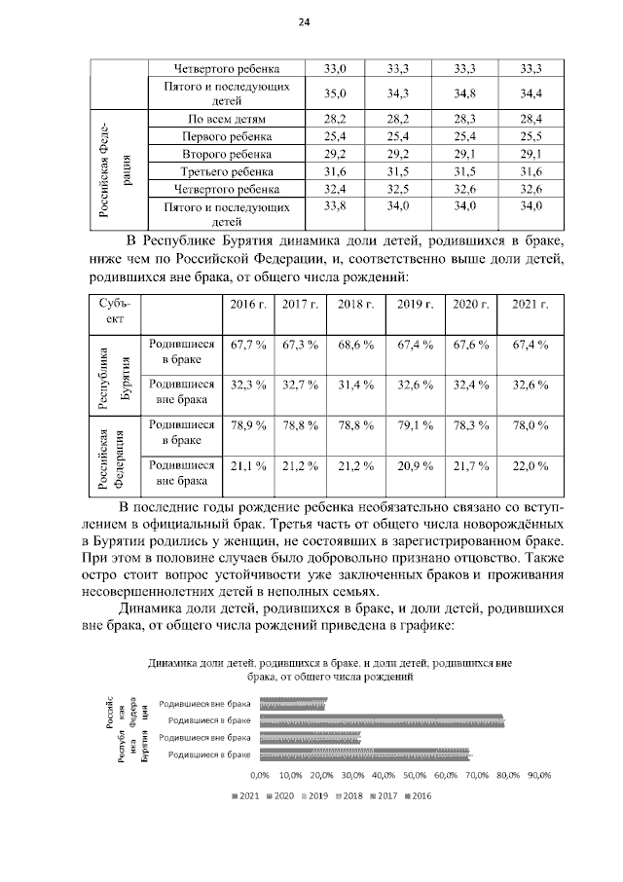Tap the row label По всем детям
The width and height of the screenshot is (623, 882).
tap(226, 119)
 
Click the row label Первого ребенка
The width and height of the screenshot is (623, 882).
tap(226, 136)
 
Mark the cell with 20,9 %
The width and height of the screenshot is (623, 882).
tap(416, 467)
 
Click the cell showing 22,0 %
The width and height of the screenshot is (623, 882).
tap(531, 467)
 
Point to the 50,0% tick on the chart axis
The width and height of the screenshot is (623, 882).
tap(415, 775)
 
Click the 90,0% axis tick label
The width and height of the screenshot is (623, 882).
tap(538, 775)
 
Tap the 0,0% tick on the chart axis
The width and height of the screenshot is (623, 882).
tap(260, 775)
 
